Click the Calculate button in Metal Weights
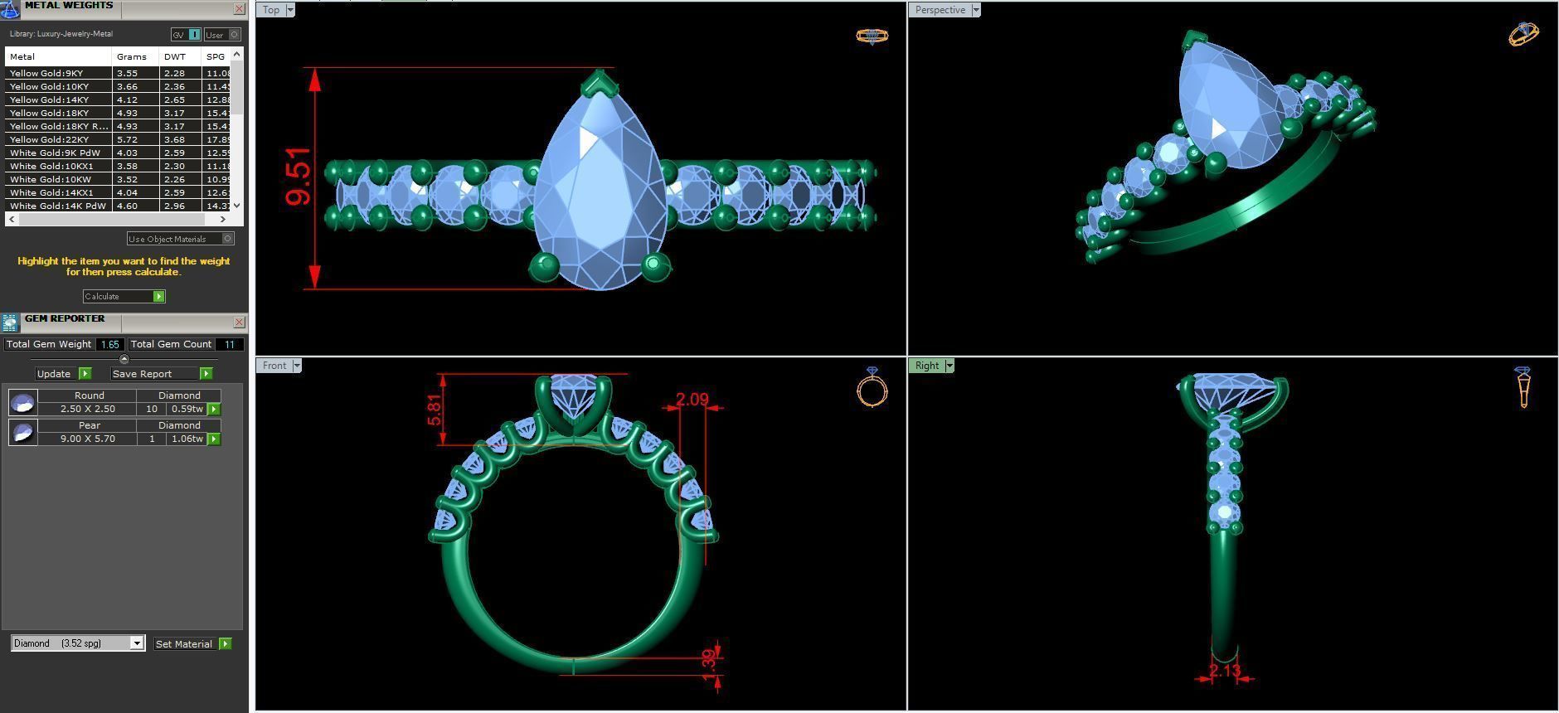(x=124, y=296)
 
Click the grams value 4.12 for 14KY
(x=127, y=99)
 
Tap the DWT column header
(x=174, y=56)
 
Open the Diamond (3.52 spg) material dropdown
(x=78, y=643)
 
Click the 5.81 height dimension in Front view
(x=435, y=409)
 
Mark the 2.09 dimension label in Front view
(x=692, y=400)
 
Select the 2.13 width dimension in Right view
(x=1224, y=671)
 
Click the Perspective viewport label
(x=940, y=10)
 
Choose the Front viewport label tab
(x=274, y=366)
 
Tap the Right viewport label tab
(x=927, y=366)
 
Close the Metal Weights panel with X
(x=240, y=9)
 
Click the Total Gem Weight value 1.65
(x=109, y=344)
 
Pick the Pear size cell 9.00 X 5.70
(x=87, y=439)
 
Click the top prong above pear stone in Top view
(x=597, y=83)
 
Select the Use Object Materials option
(x=173, y=239)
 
